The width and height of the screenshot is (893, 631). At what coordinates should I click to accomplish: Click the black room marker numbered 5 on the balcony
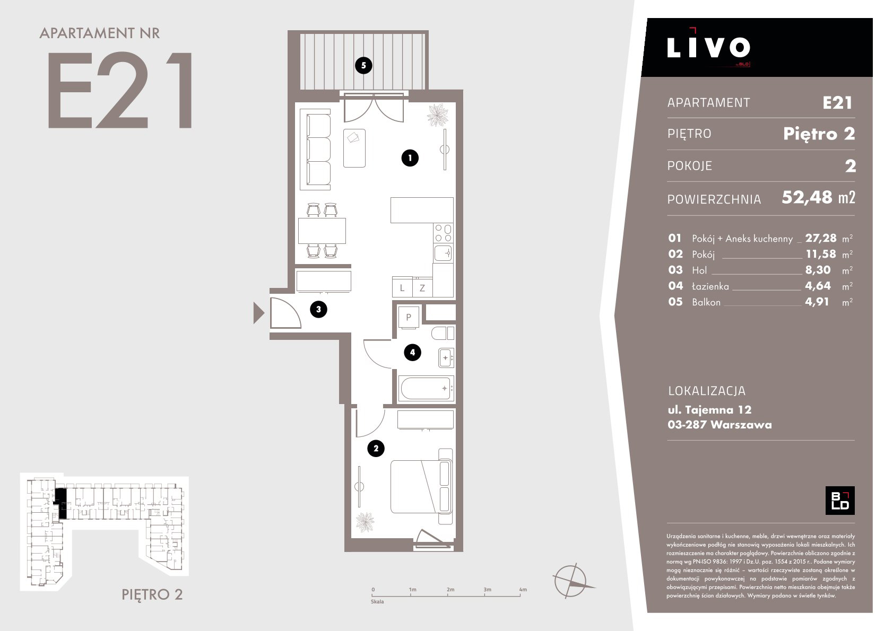click(x=363, y=65)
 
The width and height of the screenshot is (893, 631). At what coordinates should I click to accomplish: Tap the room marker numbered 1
click(x=410, y=158)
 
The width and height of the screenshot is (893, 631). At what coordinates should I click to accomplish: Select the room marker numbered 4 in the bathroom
click(x=412, y=352)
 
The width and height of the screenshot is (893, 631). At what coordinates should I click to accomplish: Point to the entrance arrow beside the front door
click(x=259, y=313)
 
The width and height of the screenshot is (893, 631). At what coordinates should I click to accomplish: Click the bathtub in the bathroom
click(x=426, y=388)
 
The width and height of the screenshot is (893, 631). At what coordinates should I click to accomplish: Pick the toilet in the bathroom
click(x=443, y=332)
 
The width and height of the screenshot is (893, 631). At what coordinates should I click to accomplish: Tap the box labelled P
click(x=409, y=317)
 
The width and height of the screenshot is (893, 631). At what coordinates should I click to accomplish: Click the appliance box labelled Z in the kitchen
click(x=422, y=287)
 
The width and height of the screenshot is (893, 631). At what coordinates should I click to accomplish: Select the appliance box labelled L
click(x=402, y=287)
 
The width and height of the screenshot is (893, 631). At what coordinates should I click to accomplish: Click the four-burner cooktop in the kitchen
click(x=443, y=233)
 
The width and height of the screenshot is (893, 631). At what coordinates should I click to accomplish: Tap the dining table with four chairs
click(x=322, y=230)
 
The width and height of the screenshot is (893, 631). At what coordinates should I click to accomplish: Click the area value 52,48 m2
click(x=818, y=197)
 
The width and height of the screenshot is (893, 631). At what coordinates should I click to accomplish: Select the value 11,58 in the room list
click(x=820, y=254)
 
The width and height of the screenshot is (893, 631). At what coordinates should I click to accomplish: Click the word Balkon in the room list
click(x=706, y=302)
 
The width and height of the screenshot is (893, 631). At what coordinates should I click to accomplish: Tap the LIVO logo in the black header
click(x=708, y=47)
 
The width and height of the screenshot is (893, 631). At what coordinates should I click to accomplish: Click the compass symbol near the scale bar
click(x=571, y=581)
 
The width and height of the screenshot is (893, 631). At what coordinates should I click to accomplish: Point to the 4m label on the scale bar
click(x=523, y=589)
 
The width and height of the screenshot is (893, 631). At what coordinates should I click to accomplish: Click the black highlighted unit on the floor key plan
click(x=60, y=503)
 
